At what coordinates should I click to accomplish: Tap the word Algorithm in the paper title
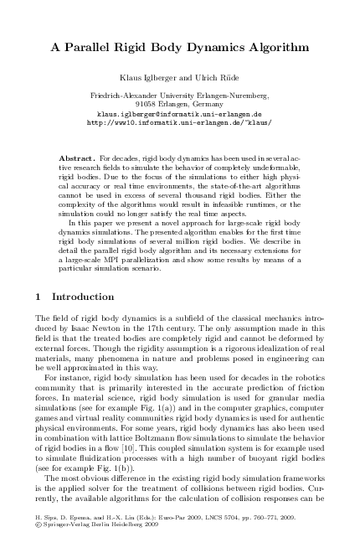click(x=263, y=49)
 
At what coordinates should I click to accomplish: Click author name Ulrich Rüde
click(x=218, y=76)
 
